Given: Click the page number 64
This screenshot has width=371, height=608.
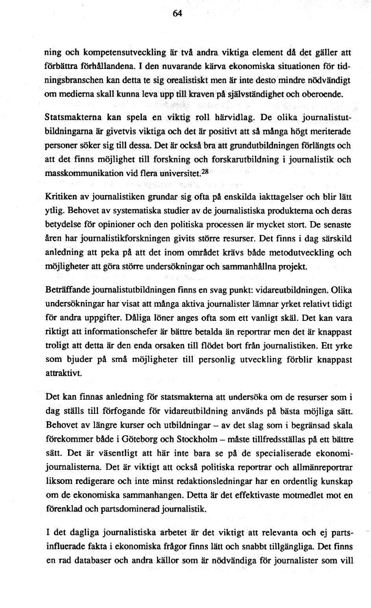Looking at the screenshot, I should pyautogui.click(x=177, y=13).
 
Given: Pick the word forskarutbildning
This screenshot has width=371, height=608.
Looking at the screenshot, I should pyautogui.click(x=245, y=159).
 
